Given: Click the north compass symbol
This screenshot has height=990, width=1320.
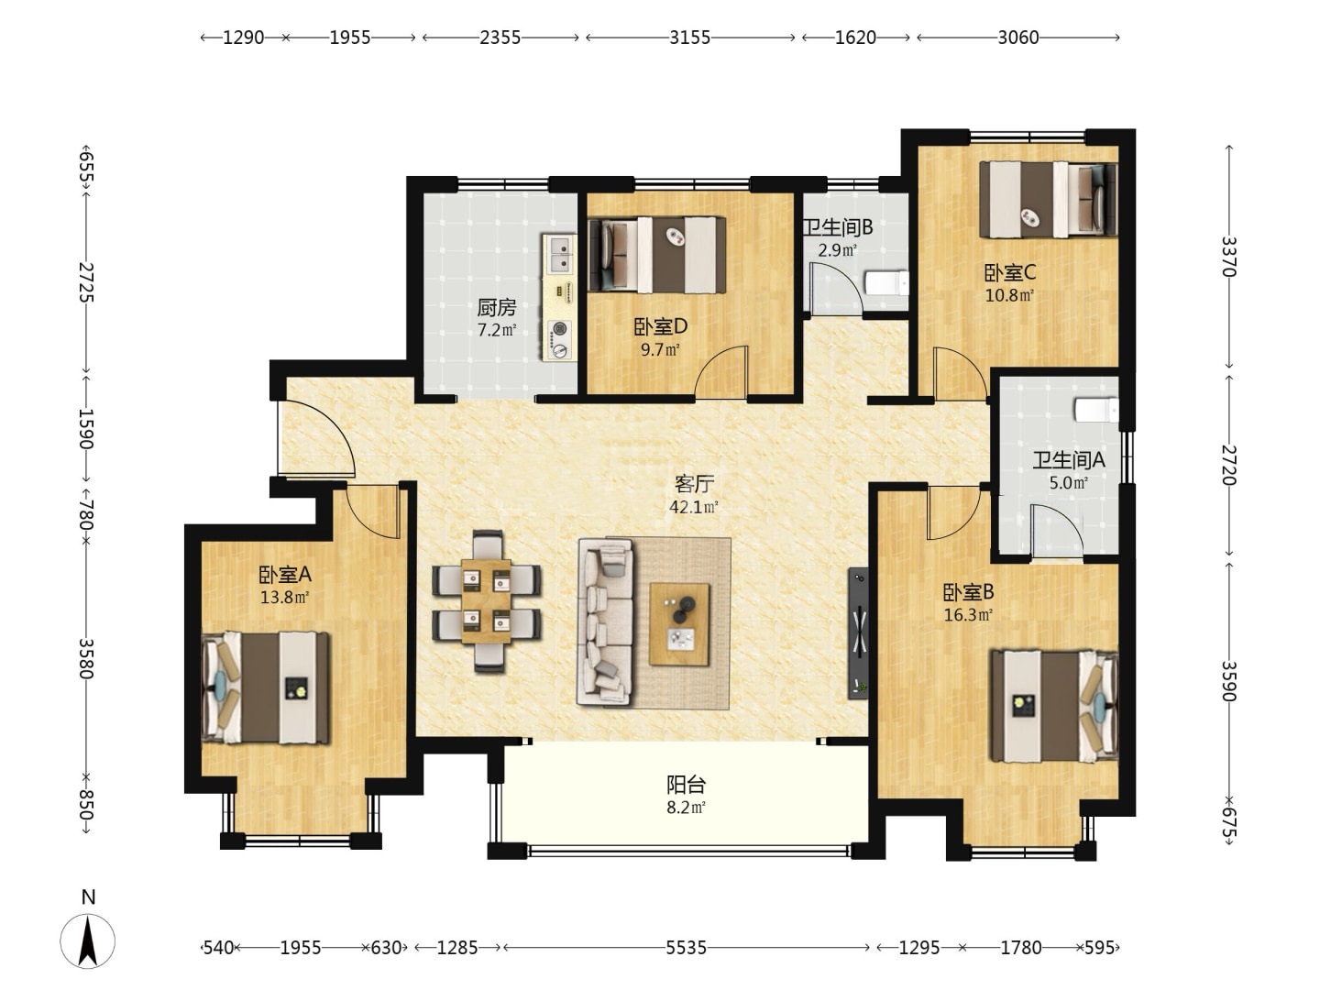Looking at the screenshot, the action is (88, 940).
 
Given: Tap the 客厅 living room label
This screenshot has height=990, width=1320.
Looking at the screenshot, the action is (694, 483).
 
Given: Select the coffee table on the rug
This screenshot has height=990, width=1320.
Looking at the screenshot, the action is (679, 624).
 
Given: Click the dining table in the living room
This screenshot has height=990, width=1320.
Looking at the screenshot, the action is (486, 601).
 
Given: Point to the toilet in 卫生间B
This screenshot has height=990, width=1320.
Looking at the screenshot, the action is (885, 282).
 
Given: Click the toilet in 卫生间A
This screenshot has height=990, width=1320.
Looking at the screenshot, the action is (1096, 410).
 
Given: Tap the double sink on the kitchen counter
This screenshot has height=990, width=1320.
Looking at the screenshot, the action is (560, 254).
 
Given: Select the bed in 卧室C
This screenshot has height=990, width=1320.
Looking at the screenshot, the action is (1048, 199).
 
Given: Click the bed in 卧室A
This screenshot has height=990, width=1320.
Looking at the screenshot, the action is (265, 688).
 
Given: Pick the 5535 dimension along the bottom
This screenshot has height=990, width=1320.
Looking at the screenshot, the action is (687, 948).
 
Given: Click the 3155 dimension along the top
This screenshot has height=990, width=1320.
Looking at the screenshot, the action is (689, 38).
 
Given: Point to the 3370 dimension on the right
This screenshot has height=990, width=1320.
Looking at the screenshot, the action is (1228, 257).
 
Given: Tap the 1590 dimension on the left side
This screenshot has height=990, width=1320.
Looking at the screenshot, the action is (86, 429).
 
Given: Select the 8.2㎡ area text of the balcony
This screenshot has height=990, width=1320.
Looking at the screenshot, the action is (686, 808).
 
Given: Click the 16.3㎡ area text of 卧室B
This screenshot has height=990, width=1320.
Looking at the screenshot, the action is (968, 615).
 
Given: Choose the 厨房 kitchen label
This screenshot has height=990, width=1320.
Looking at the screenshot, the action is (497, 307).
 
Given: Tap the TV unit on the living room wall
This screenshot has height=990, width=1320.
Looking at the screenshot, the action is (858, 632).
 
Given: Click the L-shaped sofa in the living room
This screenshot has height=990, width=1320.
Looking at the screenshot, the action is (605, 621).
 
